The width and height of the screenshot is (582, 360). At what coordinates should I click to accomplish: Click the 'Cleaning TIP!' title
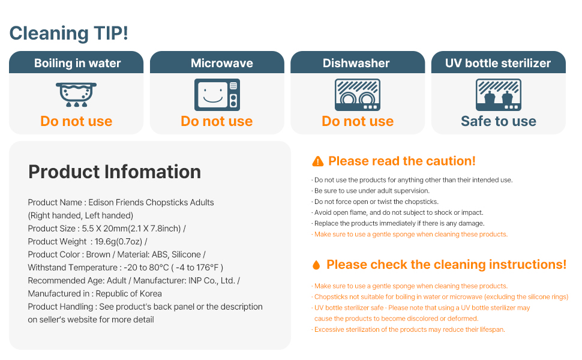68,33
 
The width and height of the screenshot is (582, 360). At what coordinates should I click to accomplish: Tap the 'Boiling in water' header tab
76,62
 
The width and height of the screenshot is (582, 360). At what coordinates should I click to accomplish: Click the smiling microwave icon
217,95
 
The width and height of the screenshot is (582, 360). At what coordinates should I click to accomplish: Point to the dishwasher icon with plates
358,95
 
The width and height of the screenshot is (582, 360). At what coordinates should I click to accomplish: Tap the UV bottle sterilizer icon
499,95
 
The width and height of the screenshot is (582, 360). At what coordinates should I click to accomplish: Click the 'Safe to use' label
499,121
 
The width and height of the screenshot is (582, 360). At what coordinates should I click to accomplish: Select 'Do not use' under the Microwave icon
217,121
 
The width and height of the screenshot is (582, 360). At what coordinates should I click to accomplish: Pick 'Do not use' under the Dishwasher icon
358,121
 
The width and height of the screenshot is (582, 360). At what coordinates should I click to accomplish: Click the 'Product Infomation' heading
115,172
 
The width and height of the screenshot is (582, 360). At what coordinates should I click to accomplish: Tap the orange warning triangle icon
318,161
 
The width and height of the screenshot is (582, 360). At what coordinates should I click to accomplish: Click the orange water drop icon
316,265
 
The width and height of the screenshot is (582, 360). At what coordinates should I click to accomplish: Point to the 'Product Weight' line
88,242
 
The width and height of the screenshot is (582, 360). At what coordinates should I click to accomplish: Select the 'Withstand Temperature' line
125,268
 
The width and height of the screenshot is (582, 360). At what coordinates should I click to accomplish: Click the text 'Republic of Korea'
129,293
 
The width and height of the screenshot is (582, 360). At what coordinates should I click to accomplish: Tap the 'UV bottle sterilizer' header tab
499,62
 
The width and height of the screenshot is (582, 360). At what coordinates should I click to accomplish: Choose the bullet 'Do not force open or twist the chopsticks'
375,202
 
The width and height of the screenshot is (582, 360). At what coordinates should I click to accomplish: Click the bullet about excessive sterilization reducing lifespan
408,329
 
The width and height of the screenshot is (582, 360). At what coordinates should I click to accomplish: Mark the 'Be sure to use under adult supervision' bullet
370,191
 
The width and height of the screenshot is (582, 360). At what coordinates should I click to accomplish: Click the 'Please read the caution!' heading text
402,161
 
